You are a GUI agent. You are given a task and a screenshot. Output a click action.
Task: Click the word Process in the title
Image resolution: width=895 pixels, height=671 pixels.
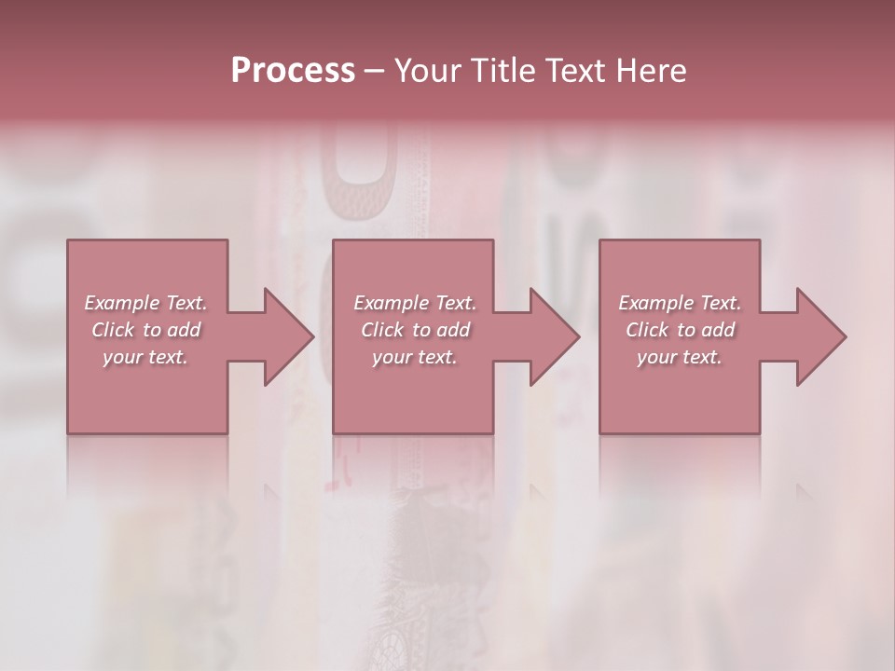click(293, 71)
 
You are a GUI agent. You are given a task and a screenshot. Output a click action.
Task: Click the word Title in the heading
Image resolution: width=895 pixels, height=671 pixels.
click(496, 71)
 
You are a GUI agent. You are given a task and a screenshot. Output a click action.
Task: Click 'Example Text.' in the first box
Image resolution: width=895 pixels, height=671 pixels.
click(145, 303)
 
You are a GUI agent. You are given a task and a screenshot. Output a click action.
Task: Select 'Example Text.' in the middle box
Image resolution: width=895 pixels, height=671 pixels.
click(415, 303)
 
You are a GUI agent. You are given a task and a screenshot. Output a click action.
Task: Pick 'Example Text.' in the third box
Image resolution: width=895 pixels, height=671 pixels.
click(680, 303)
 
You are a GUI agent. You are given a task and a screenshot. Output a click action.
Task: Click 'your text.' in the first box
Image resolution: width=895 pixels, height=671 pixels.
click(145, 357)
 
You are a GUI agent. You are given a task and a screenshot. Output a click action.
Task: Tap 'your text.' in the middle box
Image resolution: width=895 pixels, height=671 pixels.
click(415, 357)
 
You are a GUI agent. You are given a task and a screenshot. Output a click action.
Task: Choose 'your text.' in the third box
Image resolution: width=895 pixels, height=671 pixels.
click(680, 357)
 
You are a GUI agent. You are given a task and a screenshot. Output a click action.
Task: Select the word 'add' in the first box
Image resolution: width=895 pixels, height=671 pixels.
click(185, 330)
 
